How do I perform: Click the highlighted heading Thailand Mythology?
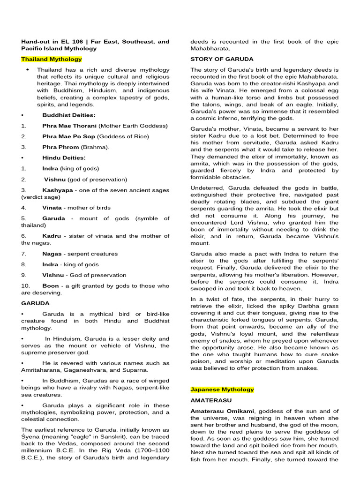pyautogui.click(x=52, y=59)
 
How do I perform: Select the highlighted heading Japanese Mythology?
pyautogui.click(x=222, y=389)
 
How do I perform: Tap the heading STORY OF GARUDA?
pyautogui.click(x=222, y=59)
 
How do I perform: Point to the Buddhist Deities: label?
pyautogui.click(x=69, y=115)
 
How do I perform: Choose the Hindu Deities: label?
pyautogui.click(x=64, y=157)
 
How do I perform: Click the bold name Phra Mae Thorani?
pyautogui.click(x=69, y=126)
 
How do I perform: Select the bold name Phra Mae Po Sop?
pyautogui.click(x=69, y=136)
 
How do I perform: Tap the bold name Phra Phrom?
pyautogui.click(x=60, y=147)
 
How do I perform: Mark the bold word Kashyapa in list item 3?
pyautogui.click(x=58, y=190)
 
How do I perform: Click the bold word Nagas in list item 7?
pyautogui.click(x=52, y=254)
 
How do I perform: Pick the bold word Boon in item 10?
pyautogui.click(x=51, y=285)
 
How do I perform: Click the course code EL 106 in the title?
pyautogui.click(x=73, y=42)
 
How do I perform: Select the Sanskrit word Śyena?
pyautogui.click(x=30, y=436)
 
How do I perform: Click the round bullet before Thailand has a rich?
pyautogui.click(x=28, y=69)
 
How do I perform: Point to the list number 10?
pyautogui.click(x=25, y=285)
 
